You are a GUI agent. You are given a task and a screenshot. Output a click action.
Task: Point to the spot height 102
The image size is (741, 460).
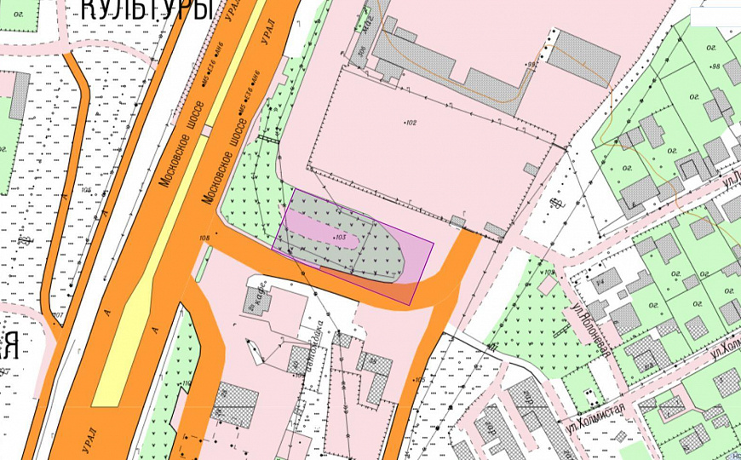pyautogui.click(x=410, y=123)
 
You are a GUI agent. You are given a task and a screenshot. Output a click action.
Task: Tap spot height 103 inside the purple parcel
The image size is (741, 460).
pyautogui.click(x=338, y=237)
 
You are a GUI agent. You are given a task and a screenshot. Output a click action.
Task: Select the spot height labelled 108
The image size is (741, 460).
pyautogui.click(x=204, y=238)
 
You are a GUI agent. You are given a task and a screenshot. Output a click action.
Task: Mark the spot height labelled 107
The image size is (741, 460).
pyautogui.click(x=58, y=316)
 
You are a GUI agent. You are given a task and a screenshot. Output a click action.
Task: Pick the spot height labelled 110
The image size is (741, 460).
pyautogui.click(x=187, y=383)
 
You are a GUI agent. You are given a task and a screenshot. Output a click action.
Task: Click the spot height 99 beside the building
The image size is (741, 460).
pyautogui.click(x=533, y=64)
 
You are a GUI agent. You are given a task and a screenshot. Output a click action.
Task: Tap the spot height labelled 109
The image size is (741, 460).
pyautogui.click(x=548, y=273)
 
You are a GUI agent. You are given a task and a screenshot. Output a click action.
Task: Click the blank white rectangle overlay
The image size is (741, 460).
pyautogui.click(x=715, y=16)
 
